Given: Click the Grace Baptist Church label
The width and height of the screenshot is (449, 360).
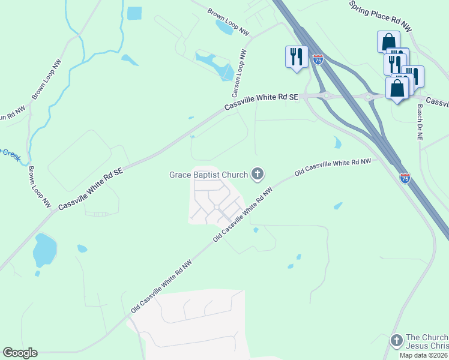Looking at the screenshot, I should (208, 175).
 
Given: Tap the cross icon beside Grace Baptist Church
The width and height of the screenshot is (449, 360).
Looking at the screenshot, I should (258, 175).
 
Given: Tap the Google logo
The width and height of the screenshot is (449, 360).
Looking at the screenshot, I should (20, 353).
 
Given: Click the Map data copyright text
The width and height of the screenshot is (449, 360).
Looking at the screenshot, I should (423, 355).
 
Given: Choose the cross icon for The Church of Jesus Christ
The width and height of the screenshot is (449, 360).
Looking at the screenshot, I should (396, 341).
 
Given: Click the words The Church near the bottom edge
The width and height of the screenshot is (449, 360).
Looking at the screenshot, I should (427, 337).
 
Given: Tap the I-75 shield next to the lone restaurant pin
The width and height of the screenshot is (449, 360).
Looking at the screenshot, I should (318, 59).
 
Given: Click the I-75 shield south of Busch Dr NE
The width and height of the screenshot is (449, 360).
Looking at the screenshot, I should (406, 178).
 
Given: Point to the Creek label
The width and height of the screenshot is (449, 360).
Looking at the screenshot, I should (10, 154).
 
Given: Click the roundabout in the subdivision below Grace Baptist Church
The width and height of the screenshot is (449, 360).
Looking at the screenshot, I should (216, 208).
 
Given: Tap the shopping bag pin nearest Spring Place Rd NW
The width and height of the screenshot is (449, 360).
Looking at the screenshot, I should (388, 41).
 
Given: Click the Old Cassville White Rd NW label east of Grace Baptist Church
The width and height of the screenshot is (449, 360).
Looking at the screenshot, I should (333, 167).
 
